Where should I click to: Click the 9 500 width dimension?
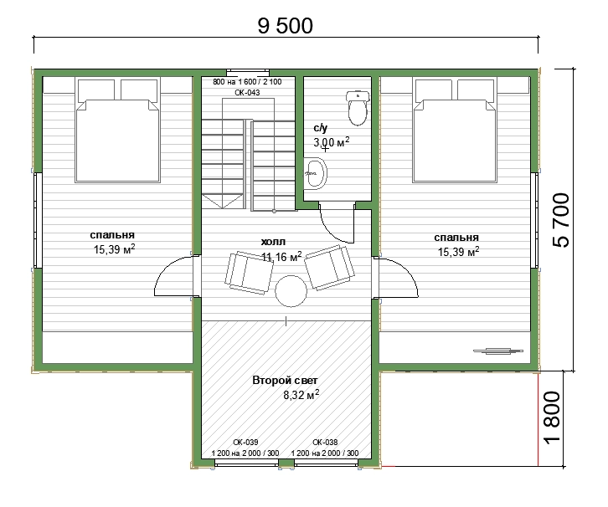[x=286, y=26]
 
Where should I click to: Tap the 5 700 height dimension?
[x=561, y=219]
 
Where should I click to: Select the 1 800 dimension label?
[x=552, y=417]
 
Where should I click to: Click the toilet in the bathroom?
[x=357, y=108]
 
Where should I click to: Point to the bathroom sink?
[x=315, y=173]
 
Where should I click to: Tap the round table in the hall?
[x=291, y=291]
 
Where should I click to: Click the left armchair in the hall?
[x=249, y=272]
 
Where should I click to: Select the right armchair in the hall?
[x=329, y=268]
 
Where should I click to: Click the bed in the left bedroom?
[x=118, y=131]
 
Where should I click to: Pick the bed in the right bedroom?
[x=455, y=131]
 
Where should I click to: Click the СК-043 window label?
[x=247, y=93]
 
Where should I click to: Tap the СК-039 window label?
[x=245, y=442]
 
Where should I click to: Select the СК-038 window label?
[x=325, y=442]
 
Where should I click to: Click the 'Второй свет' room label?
[x=285, y=381]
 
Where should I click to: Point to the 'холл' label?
[x=273, y=242]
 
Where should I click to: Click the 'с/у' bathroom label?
[x=320, y=128]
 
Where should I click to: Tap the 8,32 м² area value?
[x=301, y=395]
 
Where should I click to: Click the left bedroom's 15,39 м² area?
[x=115, y=249]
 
